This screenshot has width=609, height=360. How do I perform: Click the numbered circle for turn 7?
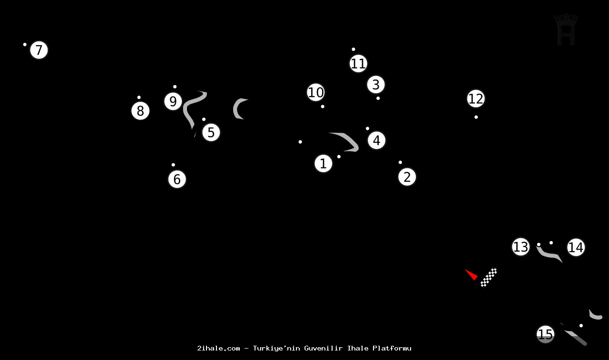(x=39, y=50)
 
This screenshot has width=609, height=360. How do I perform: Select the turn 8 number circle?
(x=140, y=111)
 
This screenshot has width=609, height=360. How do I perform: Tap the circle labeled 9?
(x=173, y=101)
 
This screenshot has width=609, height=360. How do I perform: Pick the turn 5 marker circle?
(x=211, y=133)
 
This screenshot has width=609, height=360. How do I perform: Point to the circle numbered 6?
(x=177, y=179)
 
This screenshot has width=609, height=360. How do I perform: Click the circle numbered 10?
(x=316, y=92)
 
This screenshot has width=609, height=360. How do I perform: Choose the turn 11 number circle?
(x=358, y=63)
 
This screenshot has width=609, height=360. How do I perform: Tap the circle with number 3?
(x=376, y=85)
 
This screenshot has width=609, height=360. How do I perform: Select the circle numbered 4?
(x=376, y=140)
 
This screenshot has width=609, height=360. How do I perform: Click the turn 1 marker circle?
(x=324, y=164)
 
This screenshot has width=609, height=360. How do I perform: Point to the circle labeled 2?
(x=407, y=177)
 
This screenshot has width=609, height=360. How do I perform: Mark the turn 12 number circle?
(x=476, y=99)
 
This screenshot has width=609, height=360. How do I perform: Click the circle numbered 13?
(x=521, y=247)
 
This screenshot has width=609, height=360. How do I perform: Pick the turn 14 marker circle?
(x=576, y=247)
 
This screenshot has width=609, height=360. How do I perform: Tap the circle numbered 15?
(x=546, y=334)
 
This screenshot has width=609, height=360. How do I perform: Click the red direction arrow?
(x=471, y=274)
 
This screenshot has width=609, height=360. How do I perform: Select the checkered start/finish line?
(x=489, y=278)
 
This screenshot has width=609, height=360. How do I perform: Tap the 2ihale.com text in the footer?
(x=218, y=348)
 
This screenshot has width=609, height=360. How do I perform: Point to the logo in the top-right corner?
(x=566, y=29)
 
